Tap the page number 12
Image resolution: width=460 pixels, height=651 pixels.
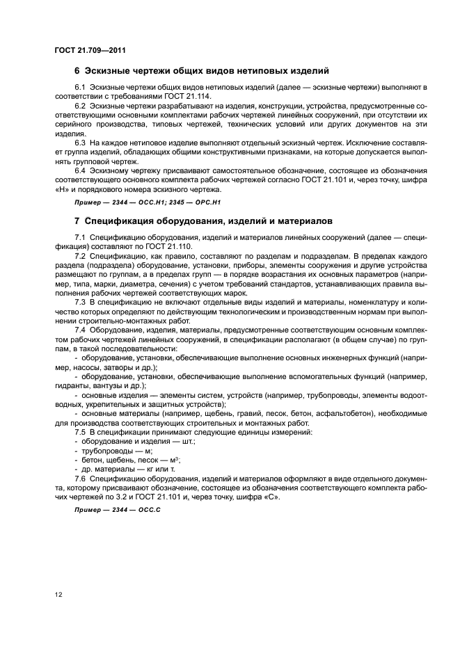click(58, 595)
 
